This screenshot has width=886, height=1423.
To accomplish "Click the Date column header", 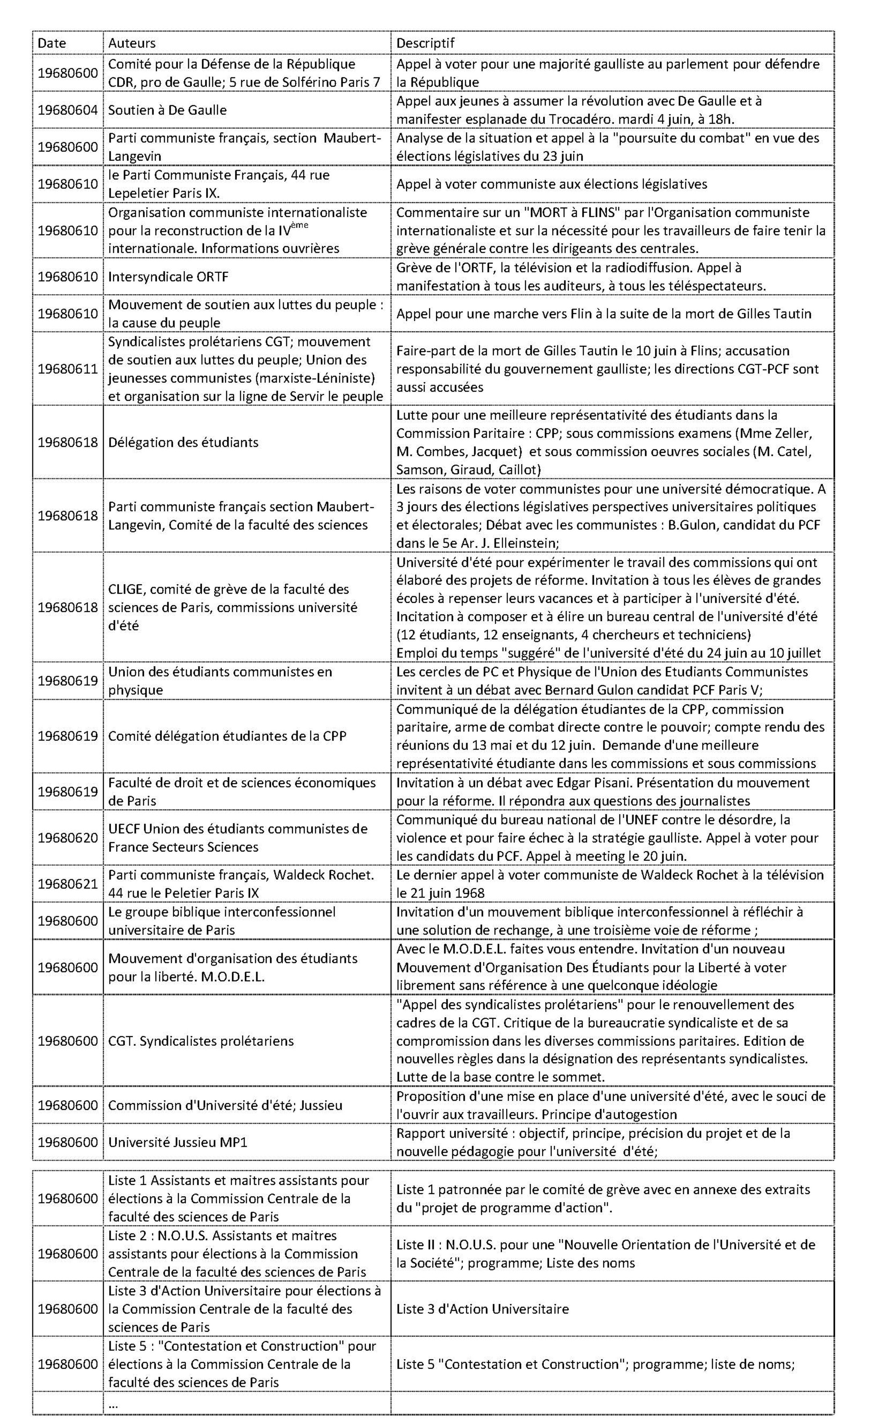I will tap(52, 43).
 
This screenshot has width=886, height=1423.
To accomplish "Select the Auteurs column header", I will tap(132, 43).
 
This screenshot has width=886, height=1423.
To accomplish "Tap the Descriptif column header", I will tap(425, 43).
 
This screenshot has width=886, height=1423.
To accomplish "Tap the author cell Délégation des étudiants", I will tap(183, 442).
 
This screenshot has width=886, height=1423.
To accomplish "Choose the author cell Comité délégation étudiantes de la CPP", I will tap(228, 736).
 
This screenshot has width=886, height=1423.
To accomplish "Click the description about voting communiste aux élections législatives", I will tap(551, 184).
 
